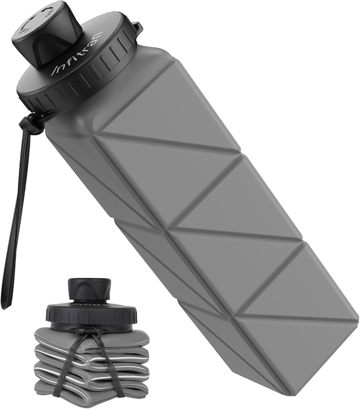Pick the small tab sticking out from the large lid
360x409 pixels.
tap(138, 28)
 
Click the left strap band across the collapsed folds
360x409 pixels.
tap(70, 364)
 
